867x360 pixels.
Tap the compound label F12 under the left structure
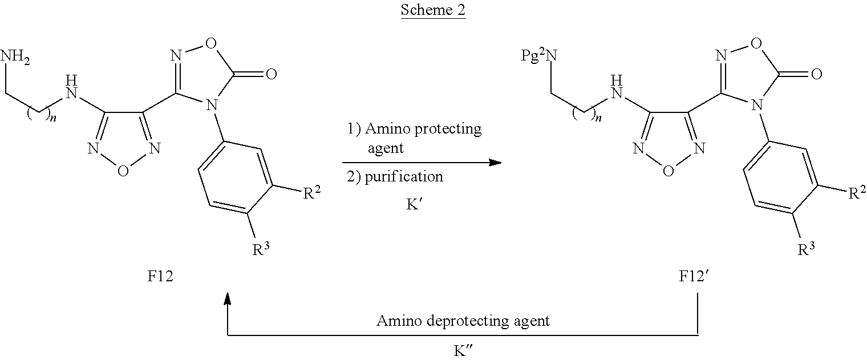coord(160,277)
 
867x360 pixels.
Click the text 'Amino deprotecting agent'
coord(463,321)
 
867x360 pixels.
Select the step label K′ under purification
coord(414,205)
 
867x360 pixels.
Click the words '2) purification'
coord(395,177)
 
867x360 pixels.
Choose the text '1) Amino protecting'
coord(415,129)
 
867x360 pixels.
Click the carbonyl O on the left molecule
coord(270,74)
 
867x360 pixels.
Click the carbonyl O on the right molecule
coord(816,74)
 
